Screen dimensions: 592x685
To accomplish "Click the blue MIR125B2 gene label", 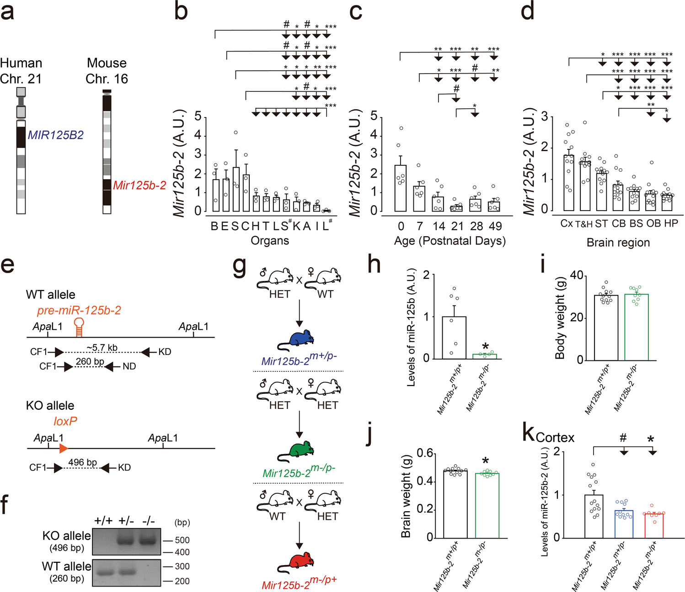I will (x=55, y=135).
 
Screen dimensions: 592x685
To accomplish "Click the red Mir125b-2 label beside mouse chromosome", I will (x=139, y=185).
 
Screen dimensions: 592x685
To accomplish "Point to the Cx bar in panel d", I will (x=569, y=183).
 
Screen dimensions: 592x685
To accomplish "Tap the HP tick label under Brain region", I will (x=670, y=223).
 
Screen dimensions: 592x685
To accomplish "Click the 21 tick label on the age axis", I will (x=457, y=226).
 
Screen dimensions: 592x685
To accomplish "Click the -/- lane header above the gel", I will (x=148, y=521).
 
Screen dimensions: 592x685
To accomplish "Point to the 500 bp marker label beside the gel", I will (x=182, y=540).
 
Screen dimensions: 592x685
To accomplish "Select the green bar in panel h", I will (x=484, y=356).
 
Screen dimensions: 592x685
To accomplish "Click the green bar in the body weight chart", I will (x=636, y=327).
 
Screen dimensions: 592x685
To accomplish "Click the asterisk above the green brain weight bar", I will (x=486, y=460).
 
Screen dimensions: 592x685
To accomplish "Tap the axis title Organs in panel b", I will (x=270, y=241).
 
